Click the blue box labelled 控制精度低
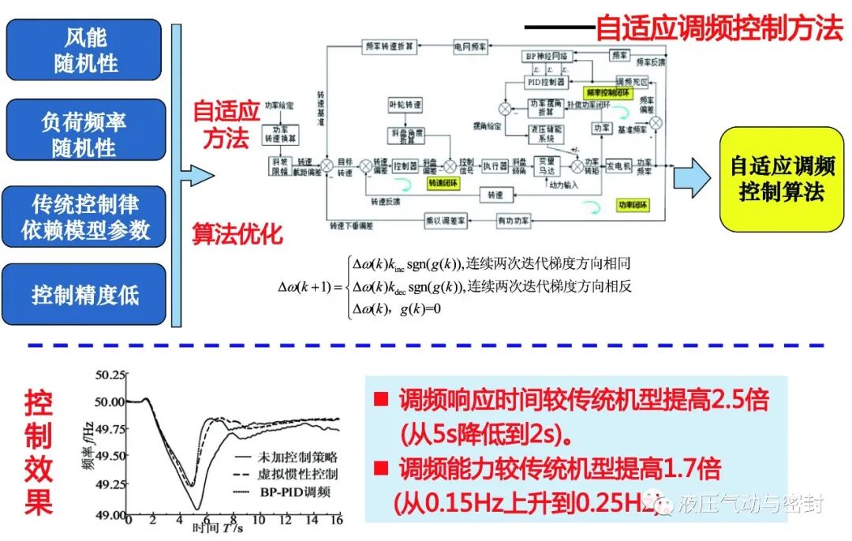pyautogui.click(x=84, y=294)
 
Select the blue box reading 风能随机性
pyautogui.click(x=84, y=51)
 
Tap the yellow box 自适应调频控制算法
pyautogui.click(x=781, y=179)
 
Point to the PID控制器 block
pyautogui.click(x=546, y=81)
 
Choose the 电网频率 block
pyautogui.click(x=470, y=47)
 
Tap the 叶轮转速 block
pyautogui.click(x=406, y=104)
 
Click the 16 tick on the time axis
pyautogui.click(x=337, y=522)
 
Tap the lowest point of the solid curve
pyautogui.click(x=198, y=509)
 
